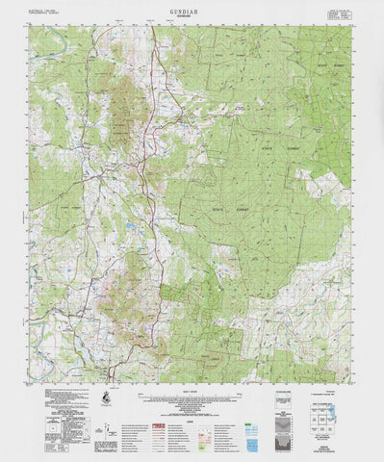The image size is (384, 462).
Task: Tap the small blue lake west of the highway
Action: click(x=129, y=228)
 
